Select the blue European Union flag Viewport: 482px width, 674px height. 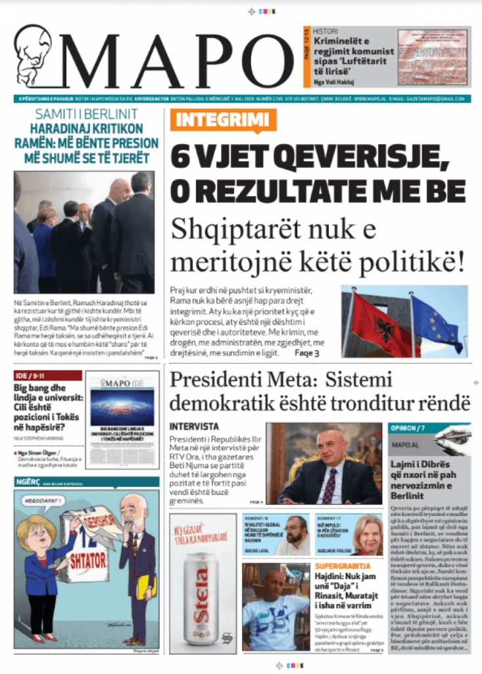click(x=436, y=323)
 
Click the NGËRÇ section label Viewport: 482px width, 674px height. click(x=26, y=482)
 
